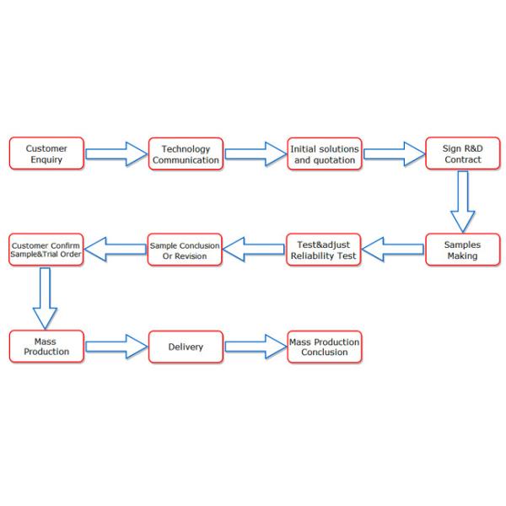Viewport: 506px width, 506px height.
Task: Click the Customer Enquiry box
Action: [46, 153]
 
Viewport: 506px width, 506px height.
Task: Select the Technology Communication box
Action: [185, 153]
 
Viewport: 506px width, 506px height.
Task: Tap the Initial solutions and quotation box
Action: [324, 153]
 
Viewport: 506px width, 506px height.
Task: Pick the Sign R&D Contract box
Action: [462, 153]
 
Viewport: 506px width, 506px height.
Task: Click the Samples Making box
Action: [462, 250]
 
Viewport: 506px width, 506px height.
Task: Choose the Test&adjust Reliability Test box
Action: [324, 250]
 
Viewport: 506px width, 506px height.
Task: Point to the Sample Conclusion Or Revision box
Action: [185, 250]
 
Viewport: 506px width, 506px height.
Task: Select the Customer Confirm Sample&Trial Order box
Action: [46, 250]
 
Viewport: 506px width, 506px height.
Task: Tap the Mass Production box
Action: [46, 346]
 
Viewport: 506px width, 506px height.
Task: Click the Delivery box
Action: [185, 346]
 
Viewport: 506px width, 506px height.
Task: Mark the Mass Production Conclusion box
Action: [324, 346]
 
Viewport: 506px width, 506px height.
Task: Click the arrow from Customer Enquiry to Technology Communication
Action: [116, 153]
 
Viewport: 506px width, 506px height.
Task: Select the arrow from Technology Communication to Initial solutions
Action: [255, 153]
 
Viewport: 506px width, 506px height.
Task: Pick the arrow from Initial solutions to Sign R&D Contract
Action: [394, 153]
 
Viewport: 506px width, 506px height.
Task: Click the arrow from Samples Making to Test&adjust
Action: [394, 250]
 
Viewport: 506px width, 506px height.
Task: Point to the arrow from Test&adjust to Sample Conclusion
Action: [255, 250]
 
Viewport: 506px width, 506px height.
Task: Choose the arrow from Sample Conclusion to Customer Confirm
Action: [116, 250]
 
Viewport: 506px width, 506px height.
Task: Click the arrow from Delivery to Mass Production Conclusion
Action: [255, 346]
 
